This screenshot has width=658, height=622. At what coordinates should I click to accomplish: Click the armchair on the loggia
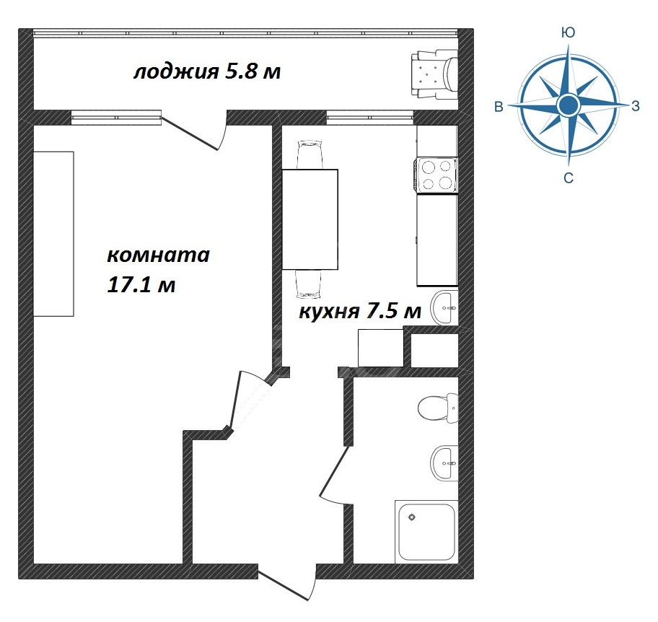point(435,75)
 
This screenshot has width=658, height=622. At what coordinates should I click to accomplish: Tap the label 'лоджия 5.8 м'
point(207,71)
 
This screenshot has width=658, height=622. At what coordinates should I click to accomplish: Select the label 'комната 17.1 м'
point(158,270)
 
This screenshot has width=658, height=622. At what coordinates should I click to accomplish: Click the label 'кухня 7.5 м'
point(359,312)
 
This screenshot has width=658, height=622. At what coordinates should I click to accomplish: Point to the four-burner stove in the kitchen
point(437,175)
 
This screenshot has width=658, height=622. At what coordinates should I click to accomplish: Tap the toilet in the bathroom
point(438,408)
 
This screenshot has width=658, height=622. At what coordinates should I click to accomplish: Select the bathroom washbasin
point(444,463)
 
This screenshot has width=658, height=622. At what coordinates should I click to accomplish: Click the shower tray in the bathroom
point(426,532)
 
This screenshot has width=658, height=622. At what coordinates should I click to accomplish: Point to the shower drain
point(412,517)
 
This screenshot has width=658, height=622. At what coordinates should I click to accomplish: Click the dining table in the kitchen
point(310,219)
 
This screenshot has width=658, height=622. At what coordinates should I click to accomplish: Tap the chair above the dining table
point(310,155)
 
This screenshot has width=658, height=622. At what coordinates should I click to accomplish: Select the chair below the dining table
point(309,284)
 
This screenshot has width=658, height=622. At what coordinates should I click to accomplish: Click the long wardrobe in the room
point(53,234)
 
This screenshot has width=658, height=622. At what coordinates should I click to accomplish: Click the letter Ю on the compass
point(569,32)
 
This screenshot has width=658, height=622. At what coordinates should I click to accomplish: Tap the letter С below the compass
point(569,178)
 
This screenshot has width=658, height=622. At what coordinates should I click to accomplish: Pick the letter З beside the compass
point(636,106)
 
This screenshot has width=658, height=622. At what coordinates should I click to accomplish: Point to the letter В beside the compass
point(499,107)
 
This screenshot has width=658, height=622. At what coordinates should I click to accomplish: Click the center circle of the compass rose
point(569,105)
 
